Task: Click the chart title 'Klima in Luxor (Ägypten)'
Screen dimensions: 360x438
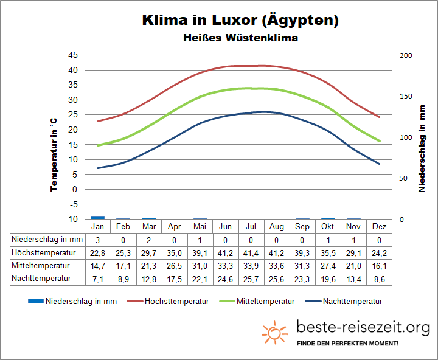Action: point(240,20)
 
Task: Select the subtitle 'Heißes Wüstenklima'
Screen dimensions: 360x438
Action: point(240,38)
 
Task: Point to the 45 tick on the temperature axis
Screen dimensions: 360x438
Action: point(72,55)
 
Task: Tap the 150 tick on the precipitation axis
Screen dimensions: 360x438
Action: point(406,96)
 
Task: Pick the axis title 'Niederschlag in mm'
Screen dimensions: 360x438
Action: point(422,147)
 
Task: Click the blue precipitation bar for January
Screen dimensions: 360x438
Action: point(97,217)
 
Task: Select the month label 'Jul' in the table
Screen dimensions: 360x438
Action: point(251,227)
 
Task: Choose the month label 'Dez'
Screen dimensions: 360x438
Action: point(379,227)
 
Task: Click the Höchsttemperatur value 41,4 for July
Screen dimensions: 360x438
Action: point(251,252)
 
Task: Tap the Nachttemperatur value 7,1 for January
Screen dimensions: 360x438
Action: point(97,279)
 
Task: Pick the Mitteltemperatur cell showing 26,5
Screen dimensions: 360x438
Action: point(174,266)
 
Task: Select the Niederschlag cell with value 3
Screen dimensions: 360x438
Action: point(97,240)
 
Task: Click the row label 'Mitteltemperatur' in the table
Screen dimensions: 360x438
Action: point(41,266)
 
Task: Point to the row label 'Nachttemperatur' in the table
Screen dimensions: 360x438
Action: point(41,279)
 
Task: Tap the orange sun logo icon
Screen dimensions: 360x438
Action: point(274,332)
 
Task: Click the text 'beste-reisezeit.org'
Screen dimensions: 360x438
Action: point(363,328)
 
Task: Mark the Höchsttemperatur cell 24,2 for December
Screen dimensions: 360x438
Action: point(379,252)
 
